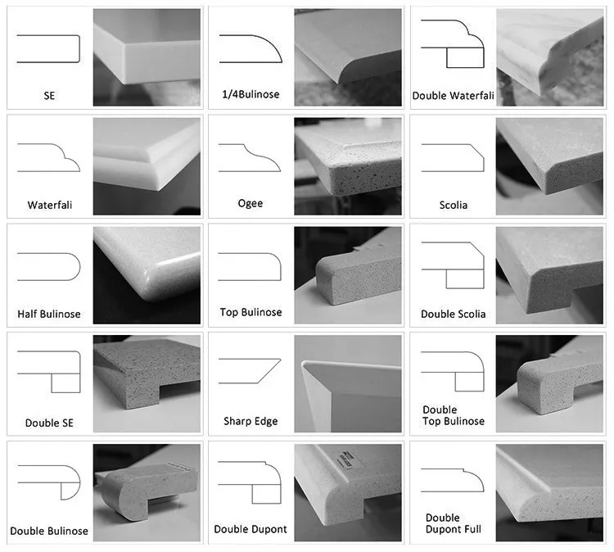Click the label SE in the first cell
(49, 96)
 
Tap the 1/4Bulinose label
(251, 94)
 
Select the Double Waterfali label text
(453, 96)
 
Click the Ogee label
(251, 202)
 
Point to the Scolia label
(453, 205)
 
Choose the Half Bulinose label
(49, 314)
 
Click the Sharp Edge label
(251, 422)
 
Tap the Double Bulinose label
(49, 532)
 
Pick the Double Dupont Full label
(454, 523)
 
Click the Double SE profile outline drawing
(49, 372)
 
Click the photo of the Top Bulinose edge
(348, 274)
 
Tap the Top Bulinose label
(251, 312)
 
